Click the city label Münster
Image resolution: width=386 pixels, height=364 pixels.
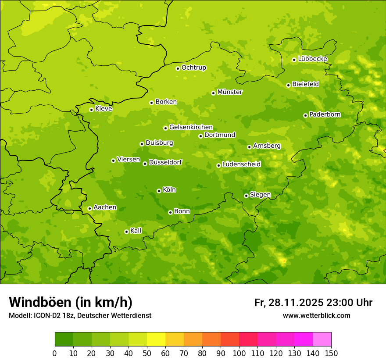(x=230, y=92)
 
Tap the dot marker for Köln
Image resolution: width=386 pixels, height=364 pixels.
(x=159, y=191)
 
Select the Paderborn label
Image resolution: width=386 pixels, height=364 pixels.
(x=325, y=114)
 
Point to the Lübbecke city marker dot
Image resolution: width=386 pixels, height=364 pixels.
(x=294, y=60)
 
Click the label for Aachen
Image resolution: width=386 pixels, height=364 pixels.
(x=105, y=207)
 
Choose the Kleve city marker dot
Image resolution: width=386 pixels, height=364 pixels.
(x=91, y=110)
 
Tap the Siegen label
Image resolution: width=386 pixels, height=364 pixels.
(x=260, y=195)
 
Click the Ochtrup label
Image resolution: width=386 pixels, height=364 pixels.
(x=194, y=68)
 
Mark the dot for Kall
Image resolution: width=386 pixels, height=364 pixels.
(x=126, y=232)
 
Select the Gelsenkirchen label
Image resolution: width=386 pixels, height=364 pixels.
(x=191, y=127)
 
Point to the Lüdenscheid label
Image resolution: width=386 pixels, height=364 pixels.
(x=241, y=164)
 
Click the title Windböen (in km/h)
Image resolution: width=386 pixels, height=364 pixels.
(x=71, y=302)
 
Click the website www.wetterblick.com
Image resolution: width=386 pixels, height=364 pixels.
(x=316, y=316)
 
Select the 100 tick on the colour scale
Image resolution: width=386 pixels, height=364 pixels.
(x=239, y=353)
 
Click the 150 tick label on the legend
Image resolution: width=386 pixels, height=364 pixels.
(x=331, y=353)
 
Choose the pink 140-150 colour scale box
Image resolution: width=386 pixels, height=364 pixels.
(x=322, y=339)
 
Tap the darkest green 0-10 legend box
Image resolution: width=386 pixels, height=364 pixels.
(x=64, y=339)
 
